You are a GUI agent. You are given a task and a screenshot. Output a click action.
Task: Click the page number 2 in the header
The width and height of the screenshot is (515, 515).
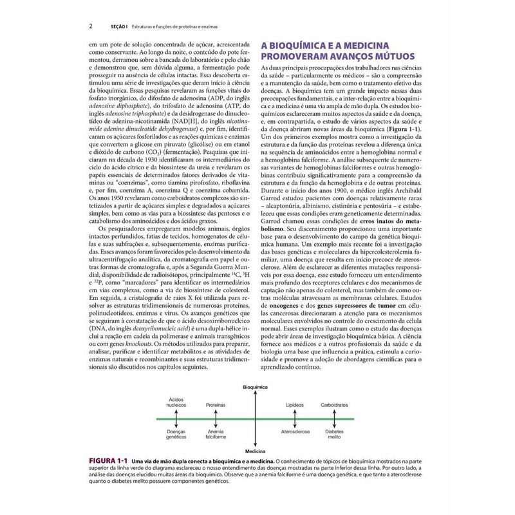point(91,26)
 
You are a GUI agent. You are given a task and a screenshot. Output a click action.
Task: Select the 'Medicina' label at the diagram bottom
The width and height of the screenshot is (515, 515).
point(256,451)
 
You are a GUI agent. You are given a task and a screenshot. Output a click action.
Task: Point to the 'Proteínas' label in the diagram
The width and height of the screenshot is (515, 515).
point(215,406)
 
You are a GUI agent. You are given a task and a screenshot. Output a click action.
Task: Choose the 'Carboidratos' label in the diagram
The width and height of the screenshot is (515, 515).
point(335,406)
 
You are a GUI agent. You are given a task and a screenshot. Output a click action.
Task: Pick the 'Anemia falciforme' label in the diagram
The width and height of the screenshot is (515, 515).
point(215,434)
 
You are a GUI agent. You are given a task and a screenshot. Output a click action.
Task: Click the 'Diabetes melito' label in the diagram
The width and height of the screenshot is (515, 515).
point(335,434)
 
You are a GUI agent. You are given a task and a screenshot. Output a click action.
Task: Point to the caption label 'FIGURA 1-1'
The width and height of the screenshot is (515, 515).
point(110,462)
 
